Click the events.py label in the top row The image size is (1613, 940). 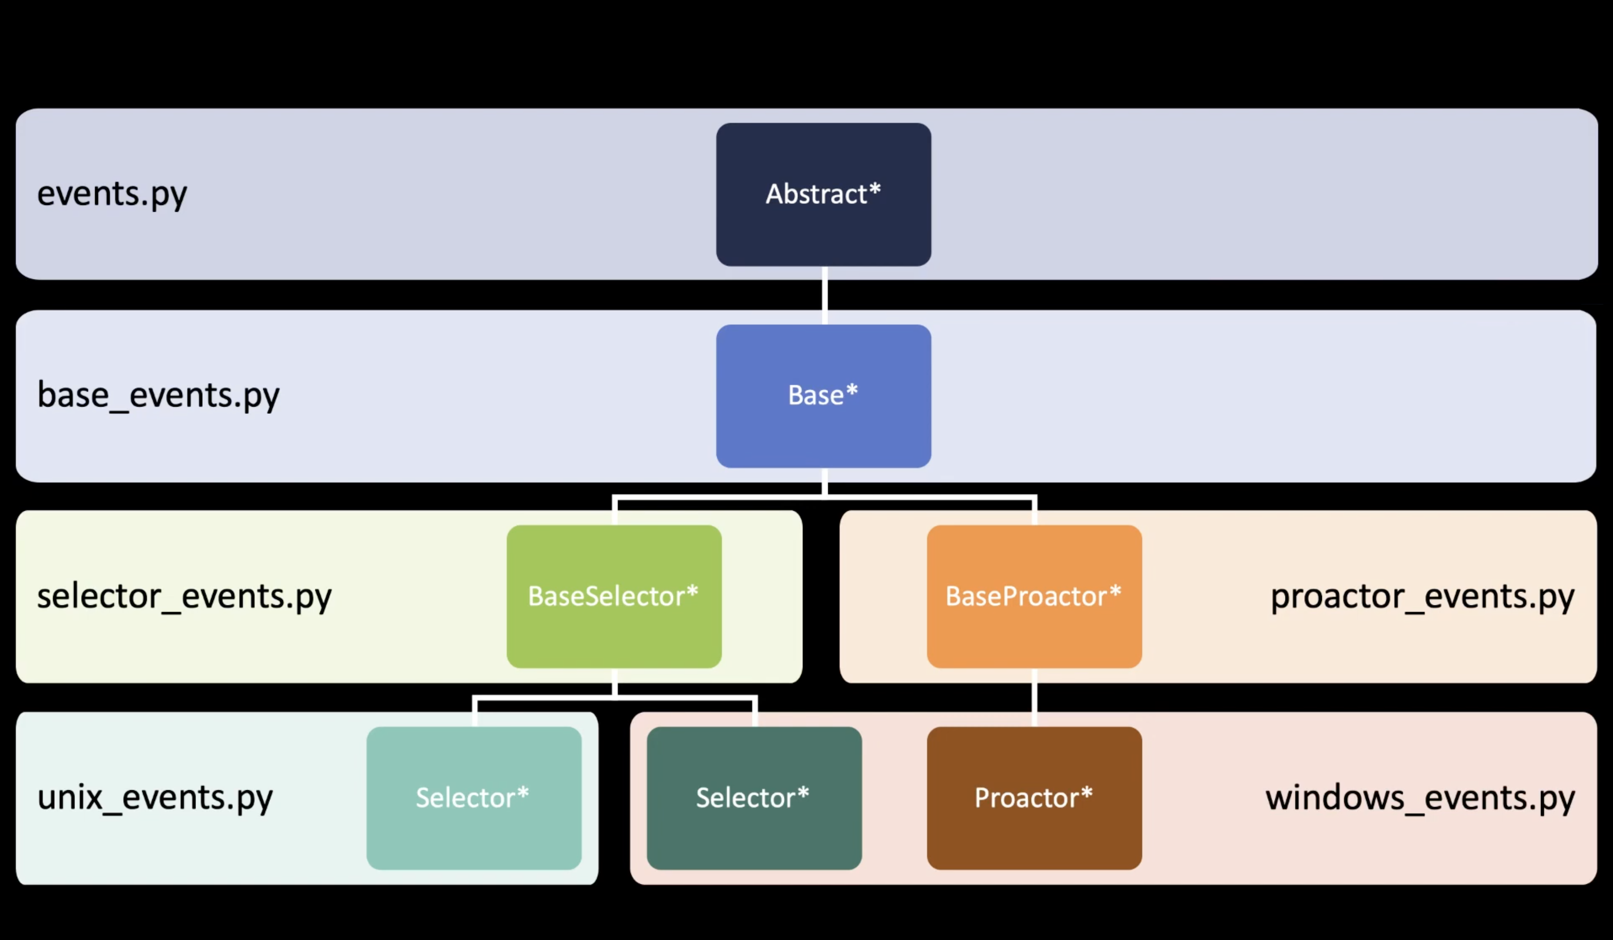point(112,194)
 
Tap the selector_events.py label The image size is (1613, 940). point(184,596)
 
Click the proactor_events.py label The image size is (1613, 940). point(1422,596)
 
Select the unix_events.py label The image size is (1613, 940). point(155,798)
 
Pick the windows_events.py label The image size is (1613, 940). point(1420,798)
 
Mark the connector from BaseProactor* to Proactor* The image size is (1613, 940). point(1034,697)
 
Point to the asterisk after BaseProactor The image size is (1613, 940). point(1115,591)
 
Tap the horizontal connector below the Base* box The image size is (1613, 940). point(824,497)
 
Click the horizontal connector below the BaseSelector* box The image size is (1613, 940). point(614,698)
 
